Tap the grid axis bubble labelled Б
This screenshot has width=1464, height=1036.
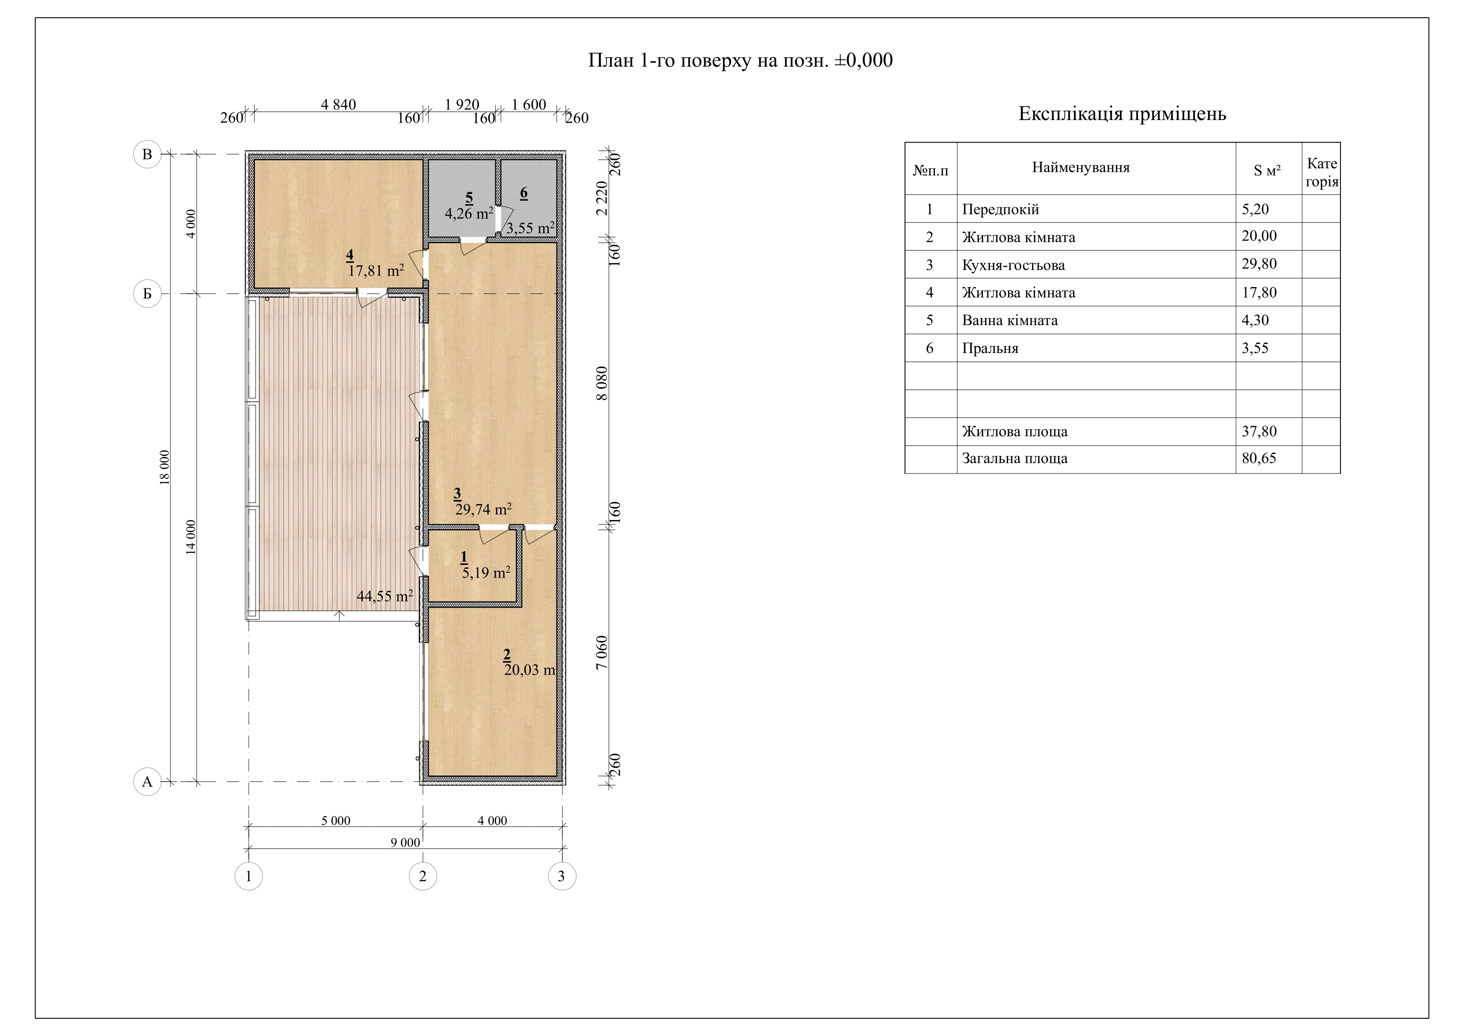click(x=147, y=294)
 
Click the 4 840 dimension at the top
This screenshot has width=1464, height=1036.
click(x=339, y=105)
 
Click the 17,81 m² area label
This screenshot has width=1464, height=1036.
click(x=376, y=271)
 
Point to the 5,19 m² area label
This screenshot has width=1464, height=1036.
click(x=486, y=572)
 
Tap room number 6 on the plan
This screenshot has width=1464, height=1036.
click(x=524, y=193)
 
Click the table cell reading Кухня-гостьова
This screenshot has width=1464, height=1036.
click(x=1013, y=265)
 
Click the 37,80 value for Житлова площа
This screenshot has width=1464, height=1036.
click(x=1259, y=431)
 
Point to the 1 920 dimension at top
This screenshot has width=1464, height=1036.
click(x=462, y=105)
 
